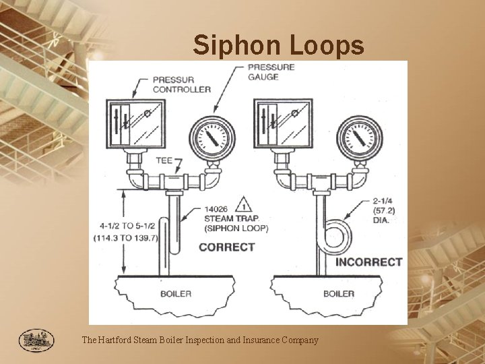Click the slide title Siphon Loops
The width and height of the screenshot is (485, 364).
[x=279, y=45]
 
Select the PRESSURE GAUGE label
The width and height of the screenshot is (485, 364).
[x=271, y=72]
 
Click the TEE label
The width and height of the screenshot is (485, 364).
[x=164, y=160]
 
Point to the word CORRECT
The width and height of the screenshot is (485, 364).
[x=227, y=247]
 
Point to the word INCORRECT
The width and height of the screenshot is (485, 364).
[x=368, y=262]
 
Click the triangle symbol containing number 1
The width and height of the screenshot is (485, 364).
[x=247, y=202]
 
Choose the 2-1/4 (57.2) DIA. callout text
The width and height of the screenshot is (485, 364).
[x=382, y=210]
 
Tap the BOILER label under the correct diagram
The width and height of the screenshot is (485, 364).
[x=176, y=293]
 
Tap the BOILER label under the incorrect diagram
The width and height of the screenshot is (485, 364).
[x=338, y=293]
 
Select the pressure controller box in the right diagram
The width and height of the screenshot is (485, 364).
[x=282, y=125]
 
